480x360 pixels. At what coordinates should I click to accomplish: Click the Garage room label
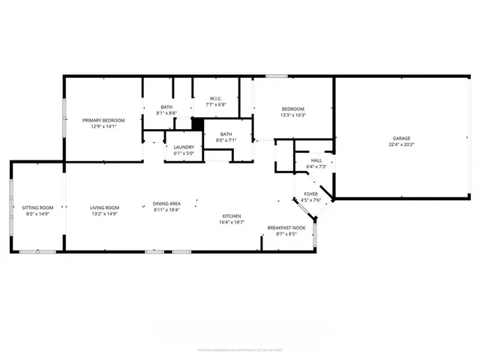402,139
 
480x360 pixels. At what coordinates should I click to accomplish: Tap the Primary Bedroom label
103,120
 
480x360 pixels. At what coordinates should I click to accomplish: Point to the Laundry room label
184,147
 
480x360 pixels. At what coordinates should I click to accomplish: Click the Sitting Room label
37,208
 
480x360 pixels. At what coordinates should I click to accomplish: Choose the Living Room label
105,208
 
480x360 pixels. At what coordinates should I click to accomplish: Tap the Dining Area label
166,204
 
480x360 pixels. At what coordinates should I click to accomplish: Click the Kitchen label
230,216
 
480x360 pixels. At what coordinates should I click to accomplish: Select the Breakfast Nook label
286,228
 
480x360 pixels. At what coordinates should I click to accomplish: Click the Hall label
316,160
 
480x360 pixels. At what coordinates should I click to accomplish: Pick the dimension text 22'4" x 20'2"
402,145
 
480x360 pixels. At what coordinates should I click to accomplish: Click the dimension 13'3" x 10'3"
292,115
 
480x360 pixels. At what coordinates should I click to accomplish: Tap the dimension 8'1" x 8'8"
166,112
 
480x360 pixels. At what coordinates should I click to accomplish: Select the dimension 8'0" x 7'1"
226,140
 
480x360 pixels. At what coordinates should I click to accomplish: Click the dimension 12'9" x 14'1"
103,127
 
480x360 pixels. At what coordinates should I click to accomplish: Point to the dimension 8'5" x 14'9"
37,214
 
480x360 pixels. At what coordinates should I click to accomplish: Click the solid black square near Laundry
199,124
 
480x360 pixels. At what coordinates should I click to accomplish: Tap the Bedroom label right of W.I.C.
292,108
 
